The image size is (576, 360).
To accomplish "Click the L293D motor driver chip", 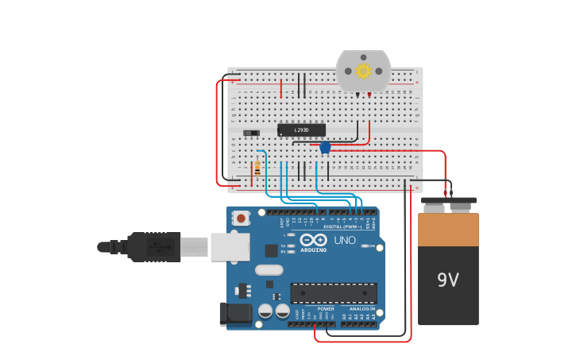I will [301, 130].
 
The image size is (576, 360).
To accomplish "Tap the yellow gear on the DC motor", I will [363, 71].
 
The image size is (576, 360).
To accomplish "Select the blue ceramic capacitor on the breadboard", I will [325, 147].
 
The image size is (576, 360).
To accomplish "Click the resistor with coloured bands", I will [257, 168].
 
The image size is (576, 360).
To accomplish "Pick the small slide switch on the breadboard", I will [251, 133].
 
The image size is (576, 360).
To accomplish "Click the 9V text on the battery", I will [448, 280].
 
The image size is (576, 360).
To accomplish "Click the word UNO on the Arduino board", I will [344, 240].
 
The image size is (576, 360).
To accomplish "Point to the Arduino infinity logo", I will [313, 239].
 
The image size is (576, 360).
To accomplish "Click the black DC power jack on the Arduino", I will [235, 313].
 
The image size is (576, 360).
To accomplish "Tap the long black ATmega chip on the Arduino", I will [333, 292].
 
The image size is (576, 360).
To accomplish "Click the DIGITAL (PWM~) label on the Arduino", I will [342, 226].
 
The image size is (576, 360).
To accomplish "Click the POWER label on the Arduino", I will [315, 308].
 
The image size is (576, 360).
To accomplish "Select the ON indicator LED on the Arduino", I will [365, 246].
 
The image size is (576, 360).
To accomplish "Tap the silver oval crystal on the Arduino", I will [269, 270].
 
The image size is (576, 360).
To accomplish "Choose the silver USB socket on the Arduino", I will [230, 247].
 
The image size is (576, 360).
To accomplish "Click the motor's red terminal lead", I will [369, 95].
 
